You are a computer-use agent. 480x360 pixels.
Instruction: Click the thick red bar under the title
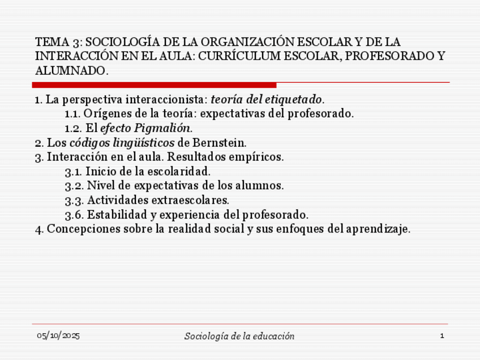tap(154, 85)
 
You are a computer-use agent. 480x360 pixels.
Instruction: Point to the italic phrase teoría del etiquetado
tap(266, 100)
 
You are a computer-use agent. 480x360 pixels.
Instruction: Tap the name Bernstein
tap(219, 142)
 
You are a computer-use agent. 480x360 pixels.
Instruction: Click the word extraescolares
tap(195, 200)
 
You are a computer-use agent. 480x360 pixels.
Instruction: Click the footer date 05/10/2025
tap(58, 336)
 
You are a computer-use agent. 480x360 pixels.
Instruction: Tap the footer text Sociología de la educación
tap(239, 336)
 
